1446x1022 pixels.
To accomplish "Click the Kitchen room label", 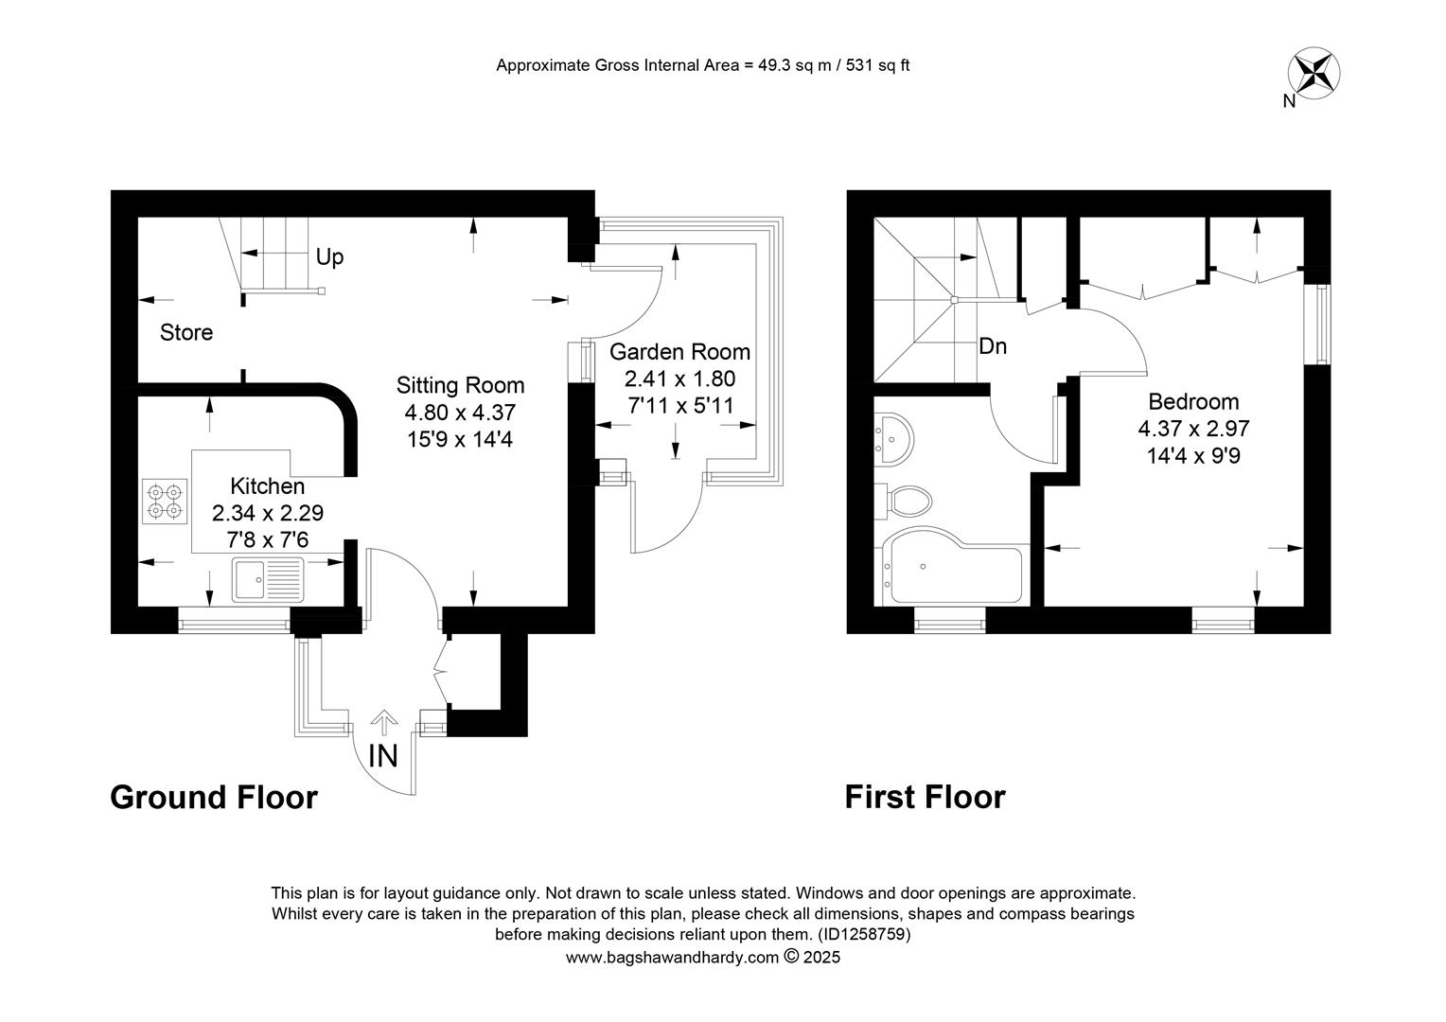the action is click(267, 485).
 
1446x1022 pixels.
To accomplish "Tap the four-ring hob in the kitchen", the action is click(165, 501).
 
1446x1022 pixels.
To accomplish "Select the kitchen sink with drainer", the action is click(268, 578).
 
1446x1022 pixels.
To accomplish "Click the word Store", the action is click(185, 332).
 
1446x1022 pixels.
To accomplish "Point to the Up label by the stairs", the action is click(329, 257).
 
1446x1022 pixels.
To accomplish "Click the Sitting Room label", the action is click(460, 385).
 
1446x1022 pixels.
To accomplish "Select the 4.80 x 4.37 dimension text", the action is click(460, 412).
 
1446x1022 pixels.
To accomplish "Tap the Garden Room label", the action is click(679, 351).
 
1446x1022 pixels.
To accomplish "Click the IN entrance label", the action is click(383, 756).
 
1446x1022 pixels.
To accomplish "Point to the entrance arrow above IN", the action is click(384, 722).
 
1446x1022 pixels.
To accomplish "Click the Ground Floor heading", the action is click(214, 798).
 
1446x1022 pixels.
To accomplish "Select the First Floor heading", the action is click(926, 798).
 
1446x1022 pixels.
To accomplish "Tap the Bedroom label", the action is click(1193, 401).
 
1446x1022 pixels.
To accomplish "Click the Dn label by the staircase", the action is click(993, 346).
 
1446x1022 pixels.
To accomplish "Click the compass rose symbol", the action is click(1314, 74).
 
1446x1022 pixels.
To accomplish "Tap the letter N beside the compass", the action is click(1289, 101).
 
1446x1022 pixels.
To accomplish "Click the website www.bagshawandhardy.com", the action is click(672, 958).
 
